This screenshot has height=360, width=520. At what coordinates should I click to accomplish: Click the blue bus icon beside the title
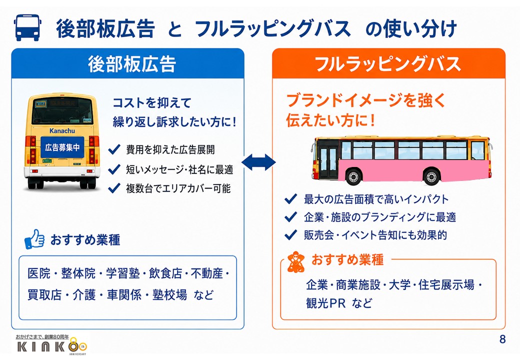(x=28, y=27)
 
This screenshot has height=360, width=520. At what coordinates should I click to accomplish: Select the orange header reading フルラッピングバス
(x=388, y=63)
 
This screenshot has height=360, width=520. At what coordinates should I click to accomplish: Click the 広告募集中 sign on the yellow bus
(x=62, y=147)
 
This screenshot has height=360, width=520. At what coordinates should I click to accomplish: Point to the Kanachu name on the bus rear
(x=62, y=131)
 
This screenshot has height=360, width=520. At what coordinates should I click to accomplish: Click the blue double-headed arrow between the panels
(x=258, y=162)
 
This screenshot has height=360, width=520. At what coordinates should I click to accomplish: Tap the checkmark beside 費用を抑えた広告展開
(x=114, y=149)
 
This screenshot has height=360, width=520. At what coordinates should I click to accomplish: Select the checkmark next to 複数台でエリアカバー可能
(x=114, y=188)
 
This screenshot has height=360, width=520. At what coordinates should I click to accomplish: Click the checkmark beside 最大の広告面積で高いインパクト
(x=291, y=199)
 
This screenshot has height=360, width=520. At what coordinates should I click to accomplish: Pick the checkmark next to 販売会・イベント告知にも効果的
(x=291, y=235)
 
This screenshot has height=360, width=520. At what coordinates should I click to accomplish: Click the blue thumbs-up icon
(x=34, y=239)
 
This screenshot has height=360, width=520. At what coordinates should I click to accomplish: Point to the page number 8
(x=502, y=339)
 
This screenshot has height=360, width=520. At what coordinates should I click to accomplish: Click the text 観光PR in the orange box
(x=326, y=303)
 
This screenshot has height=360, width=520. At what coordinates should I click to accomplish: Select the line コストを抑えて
(x=152, y=103)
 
